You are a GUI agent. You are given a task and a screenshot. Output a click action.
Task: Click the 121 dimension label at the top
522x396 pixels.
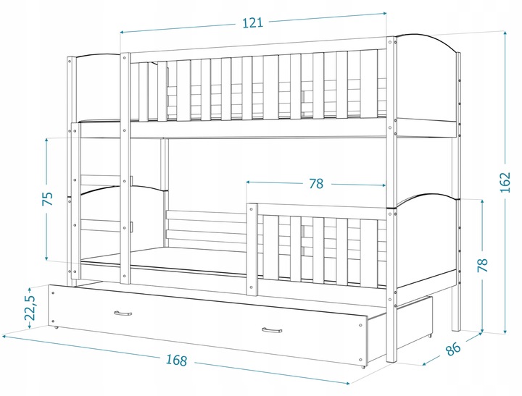click(253, 22)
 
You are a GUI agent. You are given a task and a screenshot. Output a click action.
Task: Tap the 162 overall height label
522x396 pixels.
click(505, 182)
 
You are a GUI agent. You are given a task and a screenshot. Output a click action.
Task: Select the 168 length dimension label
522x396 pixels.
click(176, 360)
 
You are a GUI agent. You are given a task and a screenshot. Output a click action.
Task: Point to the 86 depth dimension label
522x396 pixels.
click(452, 348)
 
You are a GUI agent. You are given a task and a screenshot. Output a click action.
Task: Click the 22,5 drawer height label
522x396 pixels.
click(30, 307)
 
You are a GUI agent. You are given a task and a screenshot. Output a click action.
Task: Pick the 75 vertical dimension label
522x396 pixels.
click(48, 198)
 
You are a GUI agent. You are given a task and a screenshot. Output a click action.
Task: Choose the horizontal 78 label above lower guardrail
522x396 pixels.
click(316, 183)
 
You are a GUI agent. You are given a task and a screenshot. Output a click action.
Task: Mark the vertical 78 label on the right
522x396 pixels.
click(482, 265)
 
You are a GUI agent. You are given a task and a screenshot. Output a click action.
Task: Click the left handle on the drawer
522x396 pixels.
click(123, 313)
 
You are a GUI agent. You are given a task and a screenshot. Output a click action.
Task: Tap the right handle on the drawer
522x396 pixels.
click(272, 330)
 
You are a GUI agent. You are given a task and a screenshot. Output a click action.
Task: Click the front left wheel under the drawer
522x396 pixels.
click(56, 327)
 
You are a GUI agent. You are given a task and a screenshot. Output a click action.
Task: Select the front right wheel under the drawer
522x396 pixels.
click(363, 366)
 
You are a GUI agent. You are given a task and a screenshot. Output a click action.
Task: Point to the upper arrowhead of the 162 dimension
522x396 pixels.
click(505, 33)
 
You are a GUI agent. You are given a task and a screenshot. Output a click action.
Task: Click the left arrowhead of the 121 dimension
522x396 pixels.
click(122, 33)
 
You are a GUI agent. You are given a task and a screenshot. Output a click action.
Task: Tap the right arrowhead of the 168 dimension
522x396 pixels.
click(347, 384)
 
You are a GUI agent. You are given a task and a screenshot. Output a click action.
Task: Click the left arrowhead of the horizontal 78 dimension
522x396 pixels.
click(249, 182)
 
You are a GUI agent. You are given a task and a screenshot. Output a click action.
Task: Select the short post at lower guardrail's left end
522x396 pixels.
click(252, 249)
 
